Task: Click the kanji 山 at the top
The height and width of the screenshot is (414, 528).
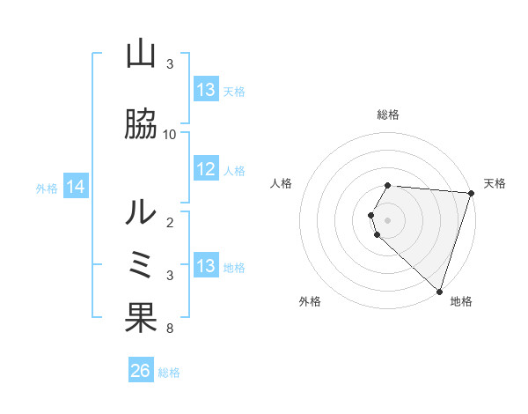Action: click(x=141, y=55)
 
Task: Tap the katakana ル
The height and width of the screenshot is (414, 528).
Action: click(x=141, y=211)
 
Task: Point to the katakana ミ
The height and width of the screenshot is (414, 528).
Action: click(x=141, y=264)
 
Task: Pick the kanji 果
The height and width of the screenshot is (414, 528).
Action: click(x=141, y=318)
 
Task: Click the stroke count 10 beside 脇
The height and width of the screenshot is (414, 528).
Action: click(x=170, y=134)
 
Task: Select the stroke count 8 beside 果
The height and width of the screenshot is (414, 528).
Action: click(x=169, y=329)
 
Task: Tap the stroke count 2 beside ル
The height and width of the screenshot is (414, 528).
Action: click(x=169, y=222)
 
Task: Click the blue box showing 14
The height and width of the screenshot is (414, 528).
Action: click(x=75, y=187)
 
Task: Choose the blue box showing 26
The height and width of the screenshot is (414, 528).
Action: click(x=141, y=372)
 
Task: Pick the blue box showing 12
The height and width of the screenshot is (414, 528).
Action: click(x=206, y=170)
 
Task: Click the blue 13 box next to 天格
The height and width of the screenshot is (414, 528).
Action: click(x=206, y=90)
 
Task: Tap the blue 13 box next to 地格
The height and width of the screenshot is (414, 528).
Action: click(x=206, y=266)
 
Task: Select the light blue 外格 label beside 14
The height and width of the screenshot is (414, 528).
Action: click(x=47, y=188)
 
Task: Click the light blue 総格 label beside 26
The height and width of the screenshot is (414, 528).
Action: click(x=170, y=373)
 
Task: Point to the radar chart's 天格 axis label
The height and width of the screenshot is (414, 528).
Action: click(x=495, y=183)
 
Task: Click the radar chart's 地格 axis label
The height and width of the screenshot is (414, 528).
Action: click(x=461, y=301)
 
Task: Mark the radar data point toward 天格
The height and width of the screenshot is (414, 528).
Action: click(x=472, y=193)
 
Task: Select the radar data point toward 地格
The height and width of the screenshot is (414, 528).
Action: click(x=440, y=291)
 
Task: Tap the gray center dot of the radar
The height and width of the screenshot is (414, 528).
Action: click(x=388, y=219)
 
